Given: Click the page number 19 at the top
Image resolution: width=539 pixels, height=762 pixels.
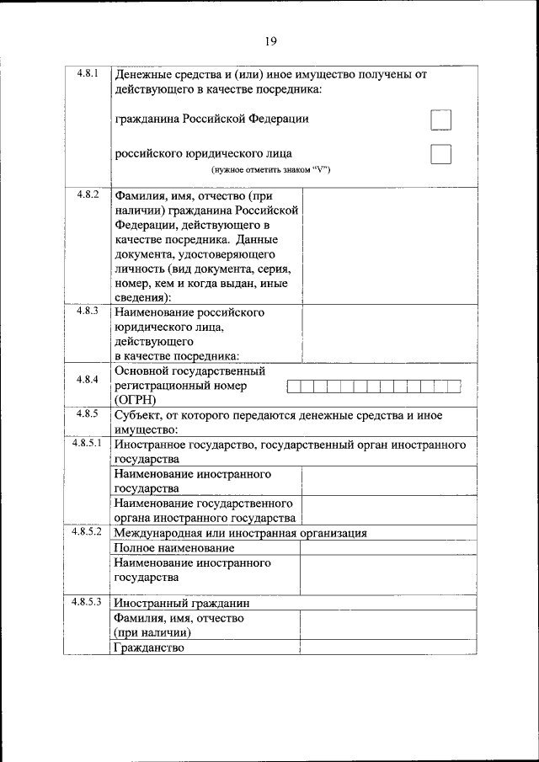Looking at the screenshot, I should point(269,41).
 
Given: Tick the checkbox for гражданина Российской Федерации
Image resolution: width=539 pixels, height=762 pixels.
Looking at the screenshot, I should point(440,120).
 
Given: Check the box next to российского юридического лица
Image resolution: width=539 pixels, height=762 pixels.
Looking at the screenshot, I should point(440,154).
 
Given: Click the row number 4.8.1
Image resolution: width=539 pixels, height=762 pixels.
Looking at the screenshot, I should point(87,73).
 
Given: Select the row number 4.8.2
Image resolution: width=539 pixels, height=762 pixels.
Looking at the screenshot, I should point(87,194).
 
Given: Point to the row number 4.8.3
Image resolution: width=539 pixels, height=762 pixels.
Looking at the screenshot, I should point(87,312).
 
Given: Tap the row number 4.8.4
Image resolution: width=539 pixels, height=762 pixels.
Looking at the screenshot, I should point(87,380).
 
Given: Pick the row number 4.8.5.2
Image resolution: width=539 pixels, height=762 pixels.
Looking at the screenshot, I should point(87,532).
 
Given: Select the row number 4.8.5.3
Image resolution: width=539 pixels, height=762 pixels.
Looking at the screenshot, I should point(87,602).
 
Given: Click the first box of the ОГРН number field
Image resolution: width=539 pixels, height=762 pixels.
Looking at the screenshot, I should point(294,386).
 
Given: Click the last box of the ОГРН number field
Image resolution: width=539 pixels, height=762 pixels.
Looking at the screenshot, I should point(454,386).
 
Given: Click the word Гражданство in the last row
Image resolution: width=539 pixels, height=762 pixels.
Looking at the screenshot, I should point(149,648).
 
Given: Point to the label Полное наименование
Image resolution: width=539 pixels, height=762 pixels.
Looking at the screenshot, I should point(174,548).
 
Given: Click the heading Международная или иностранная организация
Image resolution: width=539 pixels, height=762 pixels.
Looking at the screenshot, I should point(240,533).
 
